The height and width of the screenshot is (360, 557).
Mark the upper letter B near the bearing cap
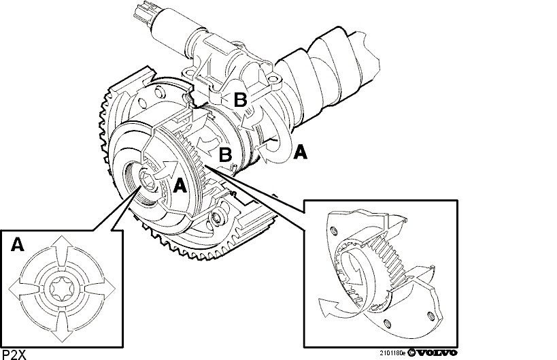coord(240,99)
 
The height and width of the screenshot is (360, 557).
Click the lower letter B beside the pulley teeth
coord(225,154)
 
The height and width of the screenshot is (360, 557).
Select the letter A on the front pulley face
coord(180,186)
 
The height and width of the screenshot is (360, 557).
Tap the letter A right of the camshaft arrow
coord(299,152)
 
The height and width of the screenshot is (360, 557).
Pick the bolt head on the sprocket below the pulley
coord(218,218)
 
